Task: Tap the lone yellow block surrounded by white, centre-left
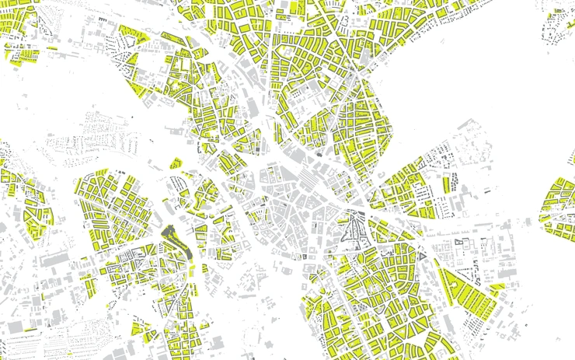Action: point(176,163)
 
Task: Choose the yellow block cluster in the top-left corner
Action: point(19,23)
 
